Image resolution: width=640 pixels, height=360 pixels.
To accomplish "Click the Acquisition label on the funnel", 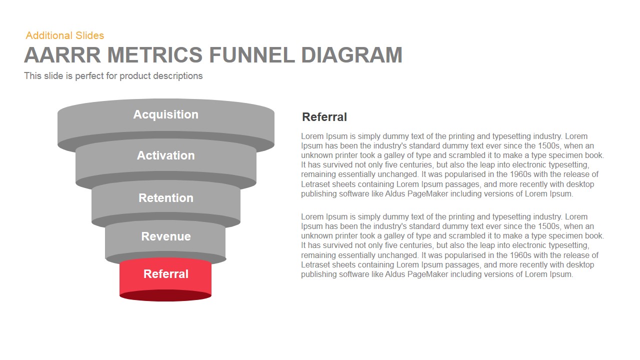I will (x=165, y=114).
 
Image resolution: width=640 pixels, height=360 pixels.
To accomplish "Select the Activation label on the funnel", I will (x=165, y=155).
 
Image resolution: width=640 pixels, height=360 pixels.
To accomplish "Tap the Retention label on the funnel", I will (x=165, y=198).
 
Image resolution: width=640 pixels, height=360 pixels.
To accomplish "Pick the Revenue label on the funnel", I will (x=165, y=236).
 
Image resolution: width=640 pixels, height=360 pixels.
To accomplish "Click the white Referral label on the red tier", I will (x=165, y=274).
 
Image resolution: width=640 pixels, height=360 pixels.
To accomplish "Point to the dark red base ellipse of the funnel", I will (x=165, y=296).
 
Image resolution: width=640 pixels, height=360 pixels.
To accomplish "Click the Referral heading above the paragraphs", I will (x=324, y=117).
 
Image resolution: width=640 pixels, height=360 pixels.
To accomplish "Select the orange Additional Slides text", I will (x=65, y=35).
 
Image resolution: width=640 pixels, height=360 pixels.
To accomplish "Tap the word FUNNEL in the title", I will (x=251, y=55).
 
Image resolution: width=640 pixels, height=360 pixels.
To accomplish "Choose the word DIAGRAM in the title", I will (x=351, y=55).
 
